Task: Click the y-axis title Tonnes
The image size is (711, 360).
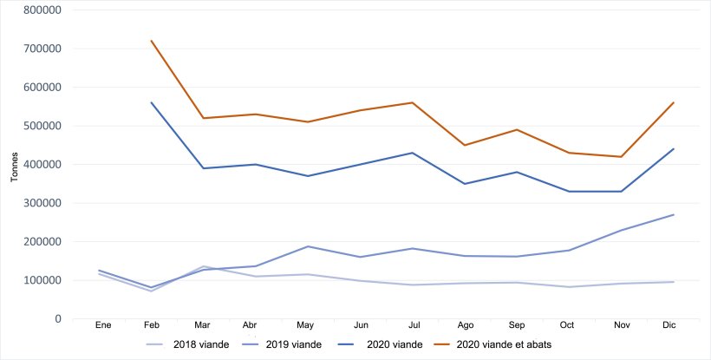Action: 15,164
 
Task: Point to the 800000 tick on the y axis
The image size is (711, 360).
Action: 42,10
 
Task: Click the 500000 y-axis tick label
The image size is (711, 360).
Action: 42,126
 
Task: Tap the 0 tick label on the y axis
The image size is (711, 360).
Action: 57,319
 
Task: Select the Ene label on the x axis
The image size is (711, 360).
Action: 102,324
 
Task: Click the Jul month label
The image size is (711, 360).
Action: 414,324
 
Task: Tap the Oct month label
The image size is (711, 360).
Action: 568,324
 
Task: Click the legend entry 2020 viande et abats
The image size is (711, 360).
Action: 503,344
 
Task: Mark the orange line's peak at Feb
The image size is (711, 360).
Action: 152,41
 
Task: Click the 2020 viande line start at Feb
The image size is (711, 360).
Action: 152,102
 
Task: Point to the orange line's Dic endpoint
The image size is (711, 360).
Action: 674,102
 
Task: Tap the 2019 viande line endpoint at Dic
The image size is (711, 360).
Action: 674,214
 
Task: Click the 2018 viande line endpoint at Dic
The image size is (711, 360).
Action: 674,282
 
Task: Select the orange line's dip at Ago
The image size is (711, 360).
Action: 465,145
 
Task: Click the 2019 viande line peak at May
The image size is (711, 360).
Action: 308,246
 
